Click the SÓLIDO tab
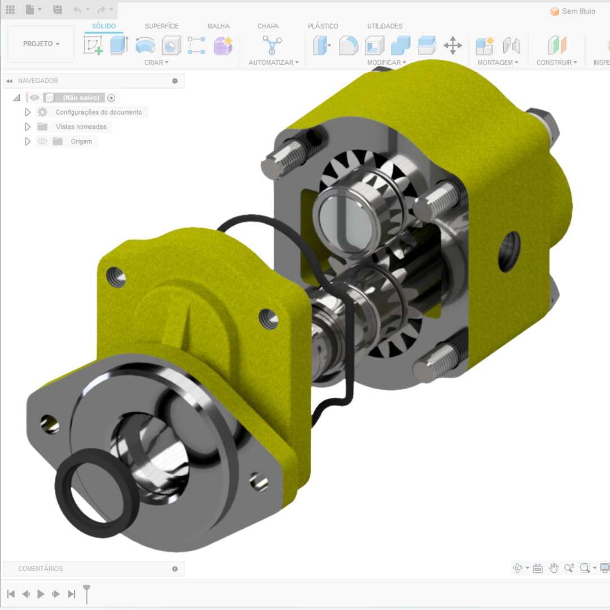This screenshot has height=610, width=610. pyautogui.click(x=104, y=26)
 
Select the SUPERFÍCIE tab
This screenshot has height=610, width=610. pyautogui.click(x=162, y=26)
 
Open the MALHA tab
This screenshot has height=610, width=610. pyautogui.click(x=218, y=26)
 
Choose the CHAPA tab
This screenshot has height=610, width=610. pyautogui.click(x=268, y=26)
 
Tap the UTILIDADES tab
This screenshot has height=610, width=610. pyautogui.click(x=385, y=26)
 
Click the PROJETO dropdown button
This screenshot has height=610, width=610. pyautogui.click(x=41, y=44)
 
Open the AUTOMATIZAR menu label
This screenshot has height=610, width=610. pyautogui.click(x=273, y=62)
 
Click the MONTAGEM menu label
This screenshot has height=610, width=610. pyautogui.click(x=498, y=62)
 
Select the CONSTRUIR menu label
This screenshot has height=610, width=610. pyautogui.click(x=557, y=62)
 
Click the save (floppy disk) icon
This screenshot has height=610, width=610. pyautogui.click(x=58, y=10)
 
